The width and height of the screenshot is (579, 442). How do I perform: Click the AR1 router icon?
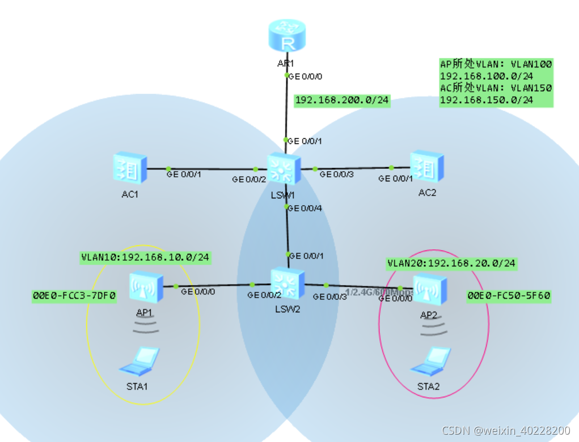pyautogui.click(x=286, y=36)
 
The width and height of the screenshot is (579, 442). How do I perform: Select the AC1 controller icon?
pyautogui.click(x=130, y=168)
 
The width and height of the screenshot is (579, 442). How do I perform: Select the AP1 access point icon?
pyautogui.click(x=145, y=287)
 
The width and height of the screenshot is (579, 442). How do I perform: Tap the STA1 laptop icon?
pyautogui.click(x=140, y=362)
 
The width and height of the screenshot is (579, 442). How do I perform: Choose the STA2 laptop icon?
pyautogui.click(x=432, y=360)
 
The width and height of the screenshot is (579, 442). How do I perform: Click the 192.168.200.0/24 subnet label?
pyautogui.click(x=343, y=101)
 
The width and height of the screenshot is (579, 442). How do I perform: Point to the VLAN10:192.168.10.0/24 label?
pyautogui.click(x=146, y=257)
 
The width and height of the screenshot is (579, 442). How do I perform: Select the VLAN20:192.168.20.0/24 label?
pyautogui.click(x=452, y=263)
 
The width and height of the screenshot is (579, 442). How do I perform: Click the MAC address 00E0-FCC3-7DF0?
pyautogui.click(x=74, y=296)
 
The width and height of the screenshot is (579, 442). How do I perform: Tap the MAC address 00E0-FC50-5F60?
pyautogui.click(x=509, y=296)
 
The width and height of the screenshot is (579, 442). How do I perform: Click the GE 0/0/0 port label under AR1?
pyautogui.click(x=306, y=75)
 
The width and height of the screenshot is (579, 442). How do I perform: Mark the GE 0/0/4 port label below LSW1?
pyautogui.click(x=305, y=208)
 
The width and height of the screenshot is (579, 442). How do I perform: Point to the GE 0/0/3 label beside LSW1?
pyautogui.click(x=337, y=175)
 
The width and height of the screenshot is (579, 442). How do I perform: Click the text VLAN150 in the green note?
pyautogui.click(x=532, y=88)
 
